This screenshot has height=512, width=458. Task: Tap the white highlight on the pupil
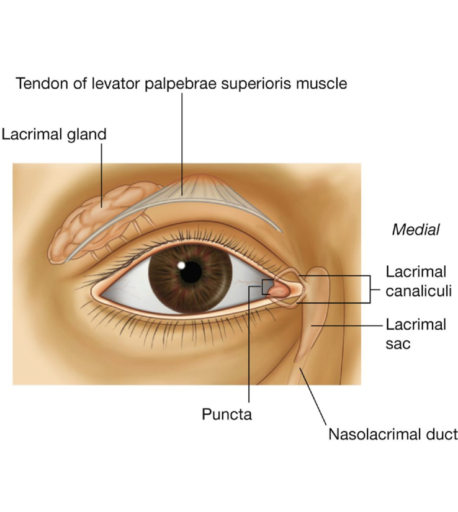(x=181, y=265)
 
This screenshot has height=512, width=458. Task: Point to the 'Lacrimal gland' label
(x=54, y=134)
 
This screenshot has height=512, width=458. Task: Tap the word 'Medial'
(x=415, y=230)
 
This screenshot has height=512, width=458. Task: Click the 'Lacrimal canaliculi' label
(x=416, y=281)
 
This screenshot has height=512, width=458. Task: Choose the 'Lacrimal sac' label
(x=416, y=333)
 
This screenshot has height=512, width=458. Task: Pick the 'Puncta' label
(x=227, y=414)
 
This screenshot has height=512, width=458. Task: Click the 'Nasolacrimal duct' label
(x=392, y=434)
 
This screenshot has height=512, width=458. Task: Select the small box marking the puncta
(x=267, y=287)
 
